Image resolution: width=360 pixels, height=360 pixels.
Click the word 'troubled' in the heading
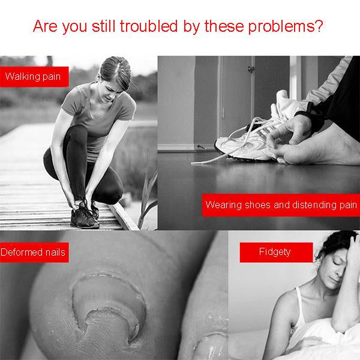point(149,26)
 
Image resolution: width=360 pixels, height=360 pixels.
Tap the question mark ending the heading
point(319,26)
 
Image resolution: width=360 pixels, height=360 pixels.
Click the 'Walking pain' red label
point(34,77)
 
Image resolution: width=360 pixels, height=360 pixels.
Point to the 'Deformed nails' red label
point(34,253)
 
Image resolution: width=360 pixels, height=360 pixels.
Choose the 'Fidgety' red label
point(276,253)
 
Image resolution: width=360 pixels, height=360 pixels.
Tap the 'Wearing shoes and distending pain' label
point(281,205)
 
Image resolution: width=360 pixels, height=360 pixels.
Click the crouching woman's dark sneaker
point(84,217)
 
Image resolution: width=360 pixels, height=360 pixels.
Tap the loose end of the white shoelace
point(193,163)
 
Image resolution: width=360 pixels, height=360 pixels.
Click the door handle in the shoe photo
point(251,68)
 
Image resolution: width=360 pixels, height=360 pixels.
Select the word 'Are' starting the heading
point(45,26)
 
